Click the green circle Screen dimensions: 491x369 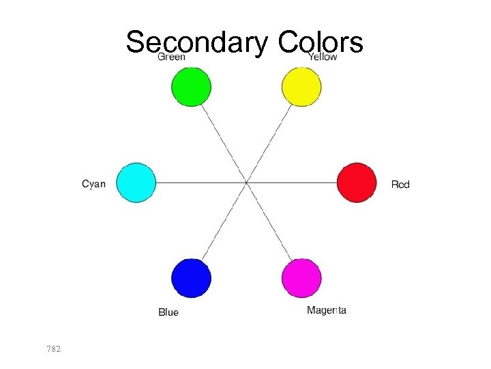[191, 87]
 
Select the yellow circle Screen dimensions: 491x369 [301, 87]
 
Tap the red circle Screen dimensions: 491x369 [357, 182]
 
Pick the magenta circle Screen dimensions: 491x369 [301, 278]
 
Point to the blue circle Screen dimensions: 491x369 [191, 278]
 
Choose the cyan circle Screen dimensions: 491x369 [136, 182]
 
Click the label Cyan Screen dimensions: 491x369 [94, 184]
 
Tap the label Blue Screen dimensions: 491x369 [168, 312]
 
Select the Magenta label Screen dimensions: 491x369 [327, 310]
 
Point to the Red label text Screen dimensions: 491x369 [400, 184]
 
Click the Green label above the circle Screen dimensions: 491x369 [172, 57]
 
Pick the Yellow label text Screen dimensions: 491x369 [323, 57]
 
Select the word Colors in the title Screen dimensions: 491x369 [321, 42]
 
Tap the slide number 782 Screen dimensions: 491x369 [54, 349]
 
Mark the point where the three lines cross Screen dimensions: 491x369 [246, 182]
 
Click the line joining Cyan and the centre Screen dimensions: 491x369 [201, 182]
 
